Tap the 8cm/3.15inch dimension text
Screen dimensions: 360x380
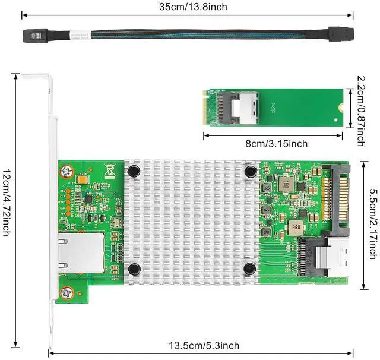(x=273, y=144)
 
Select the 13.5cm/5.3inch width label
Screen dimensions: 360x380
(x=204, y=346)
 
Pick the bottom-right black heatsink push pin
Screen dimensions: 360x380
(x=250, y=269)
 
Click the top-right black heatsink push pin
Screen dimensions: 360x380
(x=250, y=171)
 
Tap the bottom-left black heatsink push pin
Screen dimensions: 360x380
(x=135, y=269)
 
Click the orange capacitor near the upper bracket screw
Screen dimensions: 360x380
(x=83, y=178)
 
